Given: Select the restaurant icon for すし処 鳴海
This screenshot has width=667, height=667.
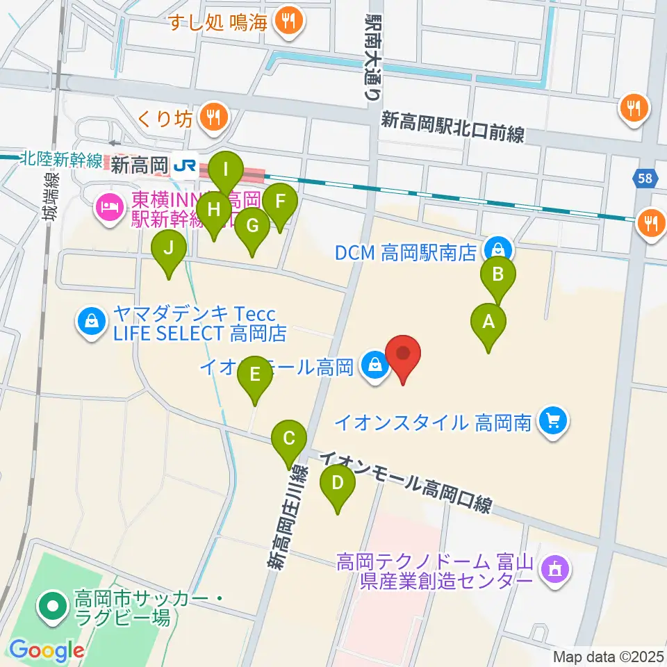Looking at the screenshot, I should click(287, 21).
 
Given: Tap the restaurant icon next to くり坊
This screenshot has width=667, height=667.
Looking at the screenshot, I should click(211, 119).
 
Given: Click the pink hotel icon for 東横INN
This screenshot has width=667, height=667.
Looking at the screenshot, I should click(110, 206).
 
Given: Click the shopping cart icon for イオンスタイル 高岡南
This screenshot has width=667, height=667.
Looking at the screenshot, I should click(553, 421).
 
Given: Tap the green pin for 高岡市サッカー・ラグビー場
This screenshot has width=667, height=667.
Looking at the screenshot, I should click(52, 607).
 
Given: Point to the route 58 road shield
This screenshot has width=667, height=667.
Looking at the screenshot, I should click(646, 179).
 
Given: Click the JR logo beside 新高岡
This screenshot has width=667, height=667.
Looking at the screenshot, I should click(185, 165).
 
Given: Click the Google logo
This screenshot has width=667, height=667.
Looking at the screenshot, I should click(47, 650).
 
